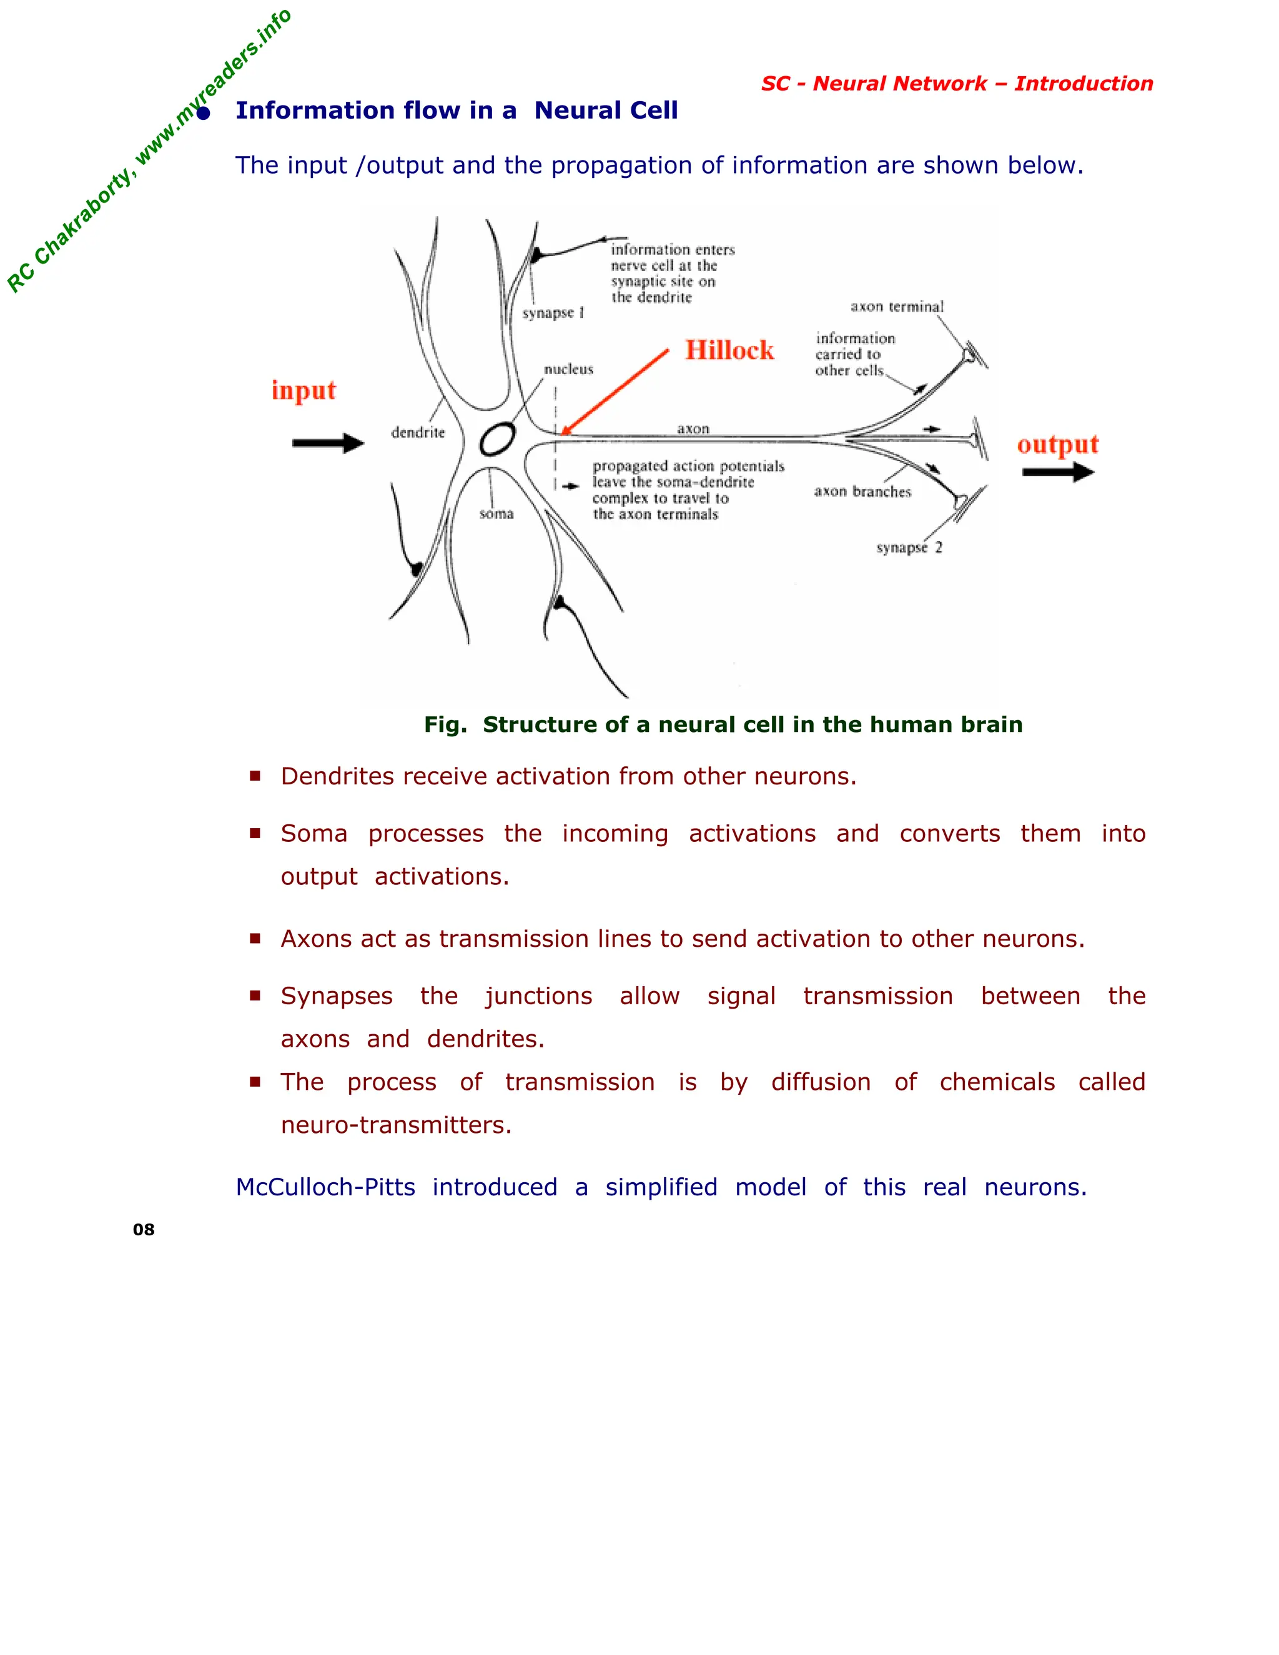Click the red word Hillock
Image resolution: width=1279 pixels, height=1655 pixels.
pyautogui.click(x=729, y=350)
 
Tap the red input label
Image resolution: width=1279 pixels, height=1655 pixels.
pyautogui.click(x=303, y=391)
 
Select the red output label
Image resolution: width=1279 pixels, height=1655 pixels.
pyautogui.click(x=1057, y=445)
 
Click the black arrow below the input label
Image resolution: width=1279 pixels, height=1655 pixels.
pyautogui.click(x=327, y=443)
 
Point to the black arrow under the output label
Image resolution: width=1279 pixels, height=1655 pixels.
pyautogui.click(x=1057, y=473)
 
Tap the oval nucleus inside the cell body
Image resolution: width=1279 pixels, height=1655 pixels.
pyautogui.click(x=497, y=440)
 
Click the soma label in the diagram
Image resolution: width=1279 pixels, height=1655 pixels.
pyautogui.click(x=496, y=514)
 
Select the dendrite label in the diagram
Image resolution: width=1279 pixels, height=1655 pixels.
pyautogui.click(x=418, y=433)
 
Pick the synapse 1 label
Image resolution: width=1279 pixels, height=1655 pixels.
pyautogui.click(x=552, y=313)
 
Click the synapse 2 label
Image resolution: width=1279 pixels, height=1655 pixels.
pyautogui.click(x=909, y=548)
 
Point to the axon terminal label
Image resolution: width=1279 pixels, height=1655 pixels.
pyautogui.click(x=896, y=307)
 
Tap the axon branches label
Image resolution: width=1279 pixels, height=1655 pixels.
pyautogui.click(x=862, y=492)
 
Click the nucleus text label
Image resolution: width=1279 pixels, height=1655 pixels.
pyautogui.click(x=568, y=370)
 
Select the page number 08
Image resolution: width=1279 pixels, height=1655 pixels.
pyautogui.click(x=143, y=1230)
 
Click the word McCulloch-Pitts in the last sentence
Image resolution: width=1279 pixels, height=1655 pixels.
pyautogui.click(x=325, y=1187)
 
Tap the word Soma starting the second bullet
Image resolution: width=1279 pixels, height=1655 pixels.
pyautogui.click(x=314, y=834)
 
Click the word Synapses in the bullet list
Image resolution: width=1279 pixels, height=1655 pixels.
pyautogui.click(x=337, y=995)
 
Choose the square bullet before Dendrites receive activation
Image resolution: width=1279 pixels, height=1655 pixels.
pyautogui.click(x=255, y=776)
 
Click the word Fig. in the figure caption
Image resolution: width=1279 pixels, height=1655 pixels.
pyautogui.click(x=445, y=724)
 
